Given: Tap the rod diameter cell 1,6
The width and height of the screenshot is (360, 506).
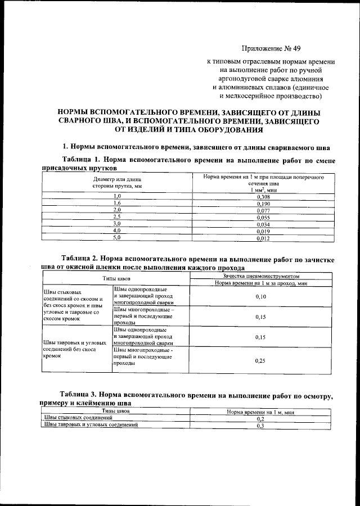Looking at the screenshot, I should click(x=117, y=203).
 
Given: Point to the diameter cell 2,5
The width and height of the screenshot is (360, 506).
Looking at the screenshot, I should click(x=117, y=217).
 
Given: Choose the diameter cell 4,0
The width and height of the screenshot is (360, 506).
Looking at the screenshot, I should click(x=117, y=231).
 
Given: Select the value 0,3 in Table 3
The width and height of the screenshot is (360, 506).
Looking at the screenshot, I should click(x=260, y=426).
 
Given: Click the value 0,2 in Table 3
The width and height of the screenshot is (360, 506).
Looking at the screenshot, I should click(x=260, y=419).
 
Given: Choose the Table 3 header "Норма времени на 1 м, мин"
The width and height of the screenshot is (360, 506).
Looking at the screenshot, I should click(x=260, y=412).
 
